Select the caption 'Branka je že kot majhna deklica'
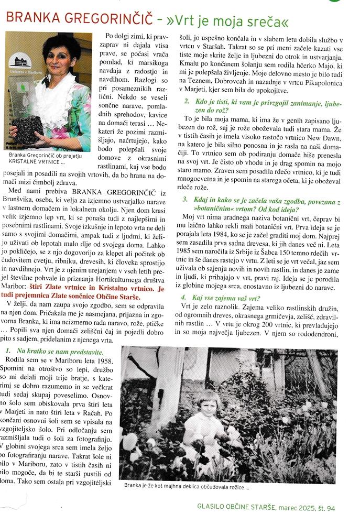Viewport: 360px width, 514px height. pyautogui.click(x=186, y=486)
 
